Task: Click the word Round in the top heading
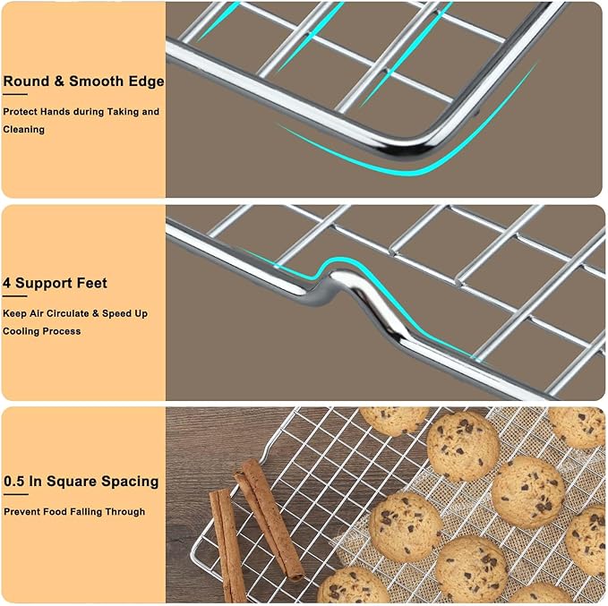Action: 24,81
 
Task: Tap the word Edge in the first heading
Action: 146,81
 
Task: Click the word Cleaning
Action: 23,129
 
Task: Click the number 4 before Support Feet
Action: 7,283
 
